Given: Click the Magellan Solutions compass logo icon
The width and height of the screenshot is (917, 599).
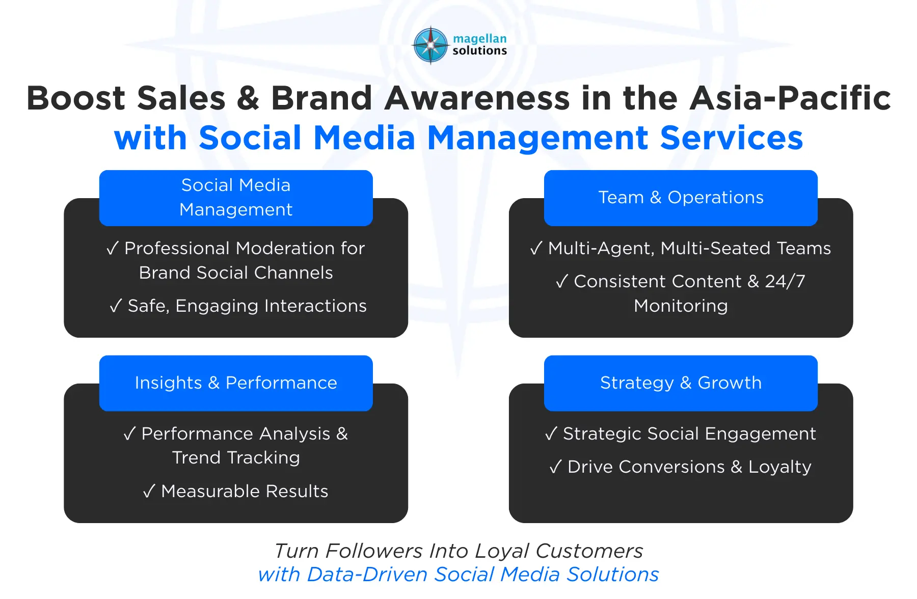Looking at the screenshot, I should (x=431, y=45).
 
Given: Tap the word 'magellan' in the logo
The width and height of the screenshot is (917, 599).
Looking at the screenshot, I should (x=479, y=39).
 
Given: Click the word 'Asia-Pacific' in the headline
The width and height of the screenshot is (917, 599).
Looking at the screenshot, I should (x=790, y=98).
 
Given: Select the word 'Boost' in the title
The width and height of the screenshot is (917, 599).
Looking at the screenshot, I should (x=76, y=98).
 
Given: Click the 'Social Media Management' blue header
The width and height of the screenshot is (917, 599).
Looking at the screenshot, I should (x=236, y=198).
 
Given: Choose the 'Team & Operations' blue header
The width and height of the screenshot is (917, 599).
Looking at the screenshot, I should (x=681, y=198).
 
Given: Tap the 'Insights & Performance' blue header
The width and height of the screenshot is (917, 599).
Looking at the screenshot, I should (x=236, y=383).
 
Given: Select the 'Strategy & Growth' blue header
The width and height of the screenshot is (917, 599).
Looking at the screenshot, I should (x=681, y=383).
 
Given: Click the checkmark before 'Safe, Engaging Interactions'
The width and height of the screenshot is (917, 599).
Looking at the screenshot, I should (x=116, y=306).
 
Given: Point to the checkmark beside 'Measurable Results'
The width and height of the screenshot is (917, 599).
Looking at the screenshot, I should (x=149, y=491).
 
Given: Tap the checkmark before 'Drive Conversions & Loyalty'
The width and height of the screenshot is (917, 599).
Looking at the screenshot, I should (x=555, y=467).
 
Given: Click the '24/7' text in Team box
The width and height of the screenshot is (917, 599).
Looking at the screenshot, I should (x=785, y=282).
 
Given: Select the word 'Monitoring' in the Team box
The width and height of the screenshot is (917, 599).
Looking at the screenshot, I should (x=681, y=306).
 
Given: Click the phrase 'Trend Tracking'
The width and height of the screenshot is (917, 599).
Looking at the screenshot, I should (x=236, y=458).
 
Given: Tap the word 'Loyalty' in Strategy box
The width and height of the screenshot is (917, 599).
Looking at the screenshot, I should (x=779, y=467).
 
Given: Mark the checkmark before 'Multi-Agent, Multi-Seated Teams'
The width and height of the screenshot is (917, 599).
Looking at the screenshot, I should (x=536, y=249).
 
